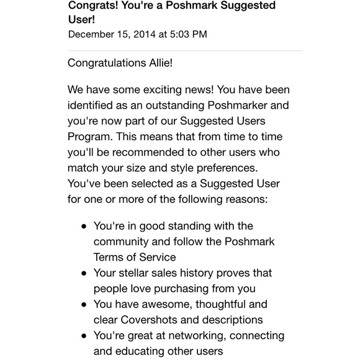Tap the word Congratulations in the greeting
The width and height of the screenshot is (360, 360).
106,63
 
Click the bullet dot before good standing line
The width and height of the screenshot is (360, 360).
84,227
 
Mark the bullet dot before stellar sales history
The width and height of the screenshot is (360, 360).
84,273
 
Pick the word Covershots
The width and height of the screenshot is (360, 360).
146,320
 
